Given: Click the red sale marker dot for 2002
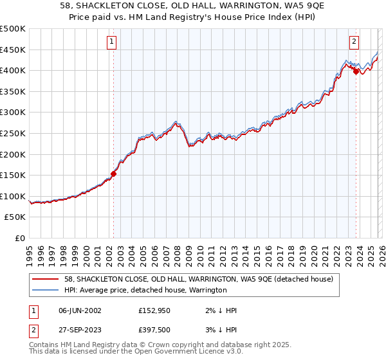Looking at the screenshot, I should tap(114, 174).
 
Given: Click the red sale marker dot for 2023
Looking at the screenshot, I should tap(356, 71).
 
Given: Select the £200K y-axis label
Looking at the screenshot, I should tap(13, 154).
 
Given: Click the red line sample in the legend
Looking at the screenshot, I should tap(46, 280).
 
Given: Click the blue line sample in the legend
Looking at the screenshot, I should tap(46, 291).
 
